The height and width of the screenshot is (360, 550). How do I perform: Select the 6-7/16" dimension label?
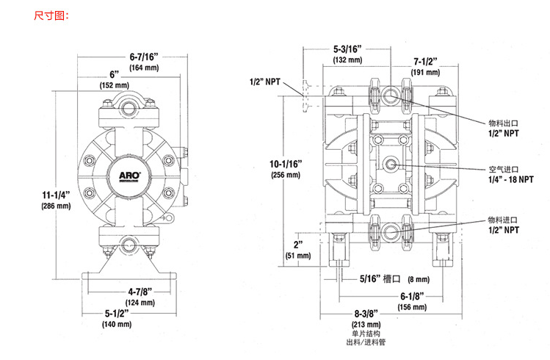point(144,56)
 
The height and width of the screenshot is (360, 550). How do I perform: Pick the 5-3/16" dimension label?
point(348,49)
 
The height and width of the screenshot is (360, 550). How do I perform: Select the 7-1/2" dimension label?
point(426,61)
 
